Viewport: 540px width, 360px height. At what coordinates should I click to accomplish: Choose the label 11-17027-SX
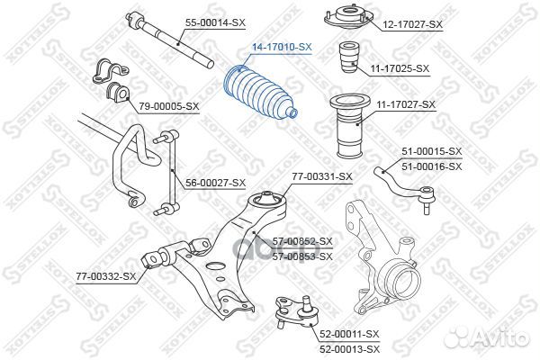(x=406, y=104)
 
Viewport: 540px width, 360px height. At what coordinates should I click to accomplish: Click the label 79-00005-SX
(x=168, y=106)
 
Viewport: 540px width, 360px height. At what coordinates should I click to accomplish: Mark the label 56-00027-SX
(x=215, y=183)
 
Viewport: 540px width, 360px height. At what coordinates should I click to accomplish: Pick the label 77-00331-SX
(x=321, y=177)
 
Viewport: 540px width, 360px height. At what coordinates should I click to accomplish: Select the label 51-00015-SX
(x=431, y=152)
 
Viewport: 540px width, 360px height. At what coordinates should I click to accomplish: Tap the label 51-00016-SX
(x=431, y=166)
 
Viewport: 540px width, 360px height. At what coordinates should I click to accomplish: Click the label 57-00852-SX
(x=302, y=241)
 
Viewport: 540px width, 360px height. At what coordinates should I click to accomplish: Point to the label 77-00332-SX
(x=105, y=275)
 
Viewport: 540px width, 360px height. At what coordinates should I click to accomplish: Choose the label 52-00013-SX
(x=350, y=349)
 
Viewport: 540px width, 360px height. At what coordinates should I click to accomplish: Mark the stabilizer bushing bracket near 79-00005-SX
(x=110, y=81)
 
